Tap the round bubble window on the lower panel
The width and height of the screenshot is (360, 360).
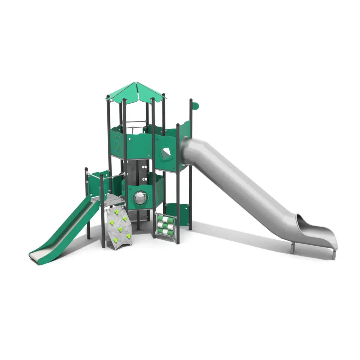[x=139, y=198]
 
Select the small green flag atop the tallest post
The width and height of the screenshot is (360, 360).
[x=195, y=106]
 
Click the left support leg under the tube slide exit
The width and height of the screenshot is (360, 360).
[x=293, y=247]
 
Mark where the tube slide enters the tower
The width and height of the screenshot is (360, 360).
[x=187, y=144]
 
